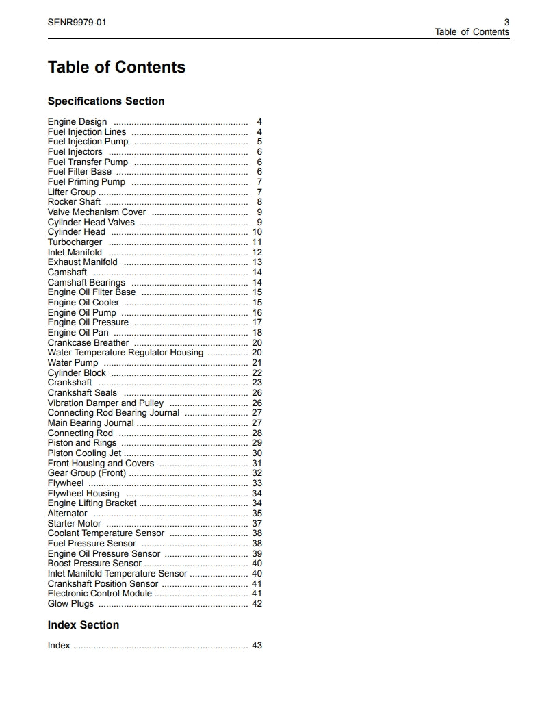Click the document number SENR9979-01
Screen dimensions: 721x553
click(77, 22)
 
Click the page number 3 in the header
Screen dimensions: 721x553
click(506, 22)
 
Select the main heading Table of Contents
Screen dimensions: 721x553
click(116, 67)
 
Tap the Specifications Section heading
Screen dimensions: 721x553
click(106, 101)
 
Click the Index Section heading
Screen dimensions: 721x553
click(83, 625)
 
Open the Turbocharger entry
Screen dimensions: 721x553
click(75, 242)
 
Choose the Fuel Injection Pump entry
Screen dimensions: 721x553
click(88, 142)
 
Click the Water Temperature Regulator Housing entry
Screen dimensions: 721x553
click(125, 353)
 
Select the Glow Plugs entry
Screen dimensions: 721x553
click(70, 604)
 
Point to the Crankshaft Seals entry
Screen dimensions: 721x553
click(82, 393)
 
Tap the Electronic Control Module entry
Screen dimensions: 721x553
click(99, 594)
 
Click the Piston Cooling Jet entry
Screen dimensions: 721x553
click(84, 453)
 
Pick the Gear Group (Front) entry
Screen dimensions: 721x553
click(86, 473)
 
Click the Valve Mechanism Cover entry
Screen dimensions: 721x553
click(97, 212)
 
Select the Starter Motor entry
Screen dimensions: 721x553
click(74, 524)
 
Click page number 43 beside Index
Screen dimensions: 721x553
click(257, 646)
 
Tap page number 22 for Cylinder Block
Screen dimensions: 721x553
click(257, 373)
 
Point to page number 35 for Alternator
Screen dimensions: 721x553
click(257, 514)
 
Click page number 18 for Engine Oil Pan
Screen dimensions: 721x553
click(257, 333)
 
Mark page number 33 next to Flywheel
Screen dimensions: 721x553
click(257, 483)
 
